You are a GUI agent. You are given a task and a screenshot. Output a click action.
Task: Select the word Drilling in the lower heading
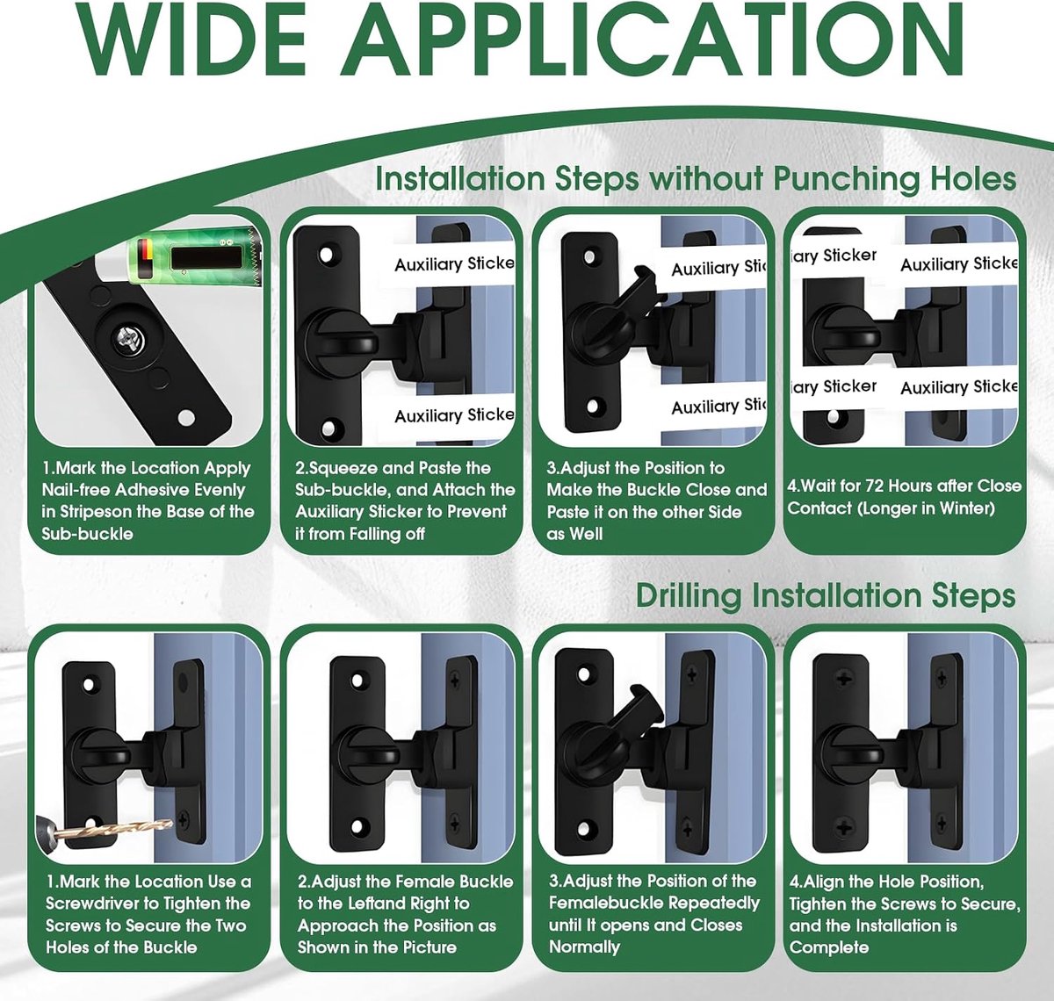point(688,595)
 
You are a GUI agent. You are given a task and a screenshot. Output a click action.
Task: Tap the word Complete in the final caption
point(829,947)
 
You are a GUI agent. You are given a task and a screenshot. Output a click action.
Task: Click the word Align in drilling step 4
point(825,882)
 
